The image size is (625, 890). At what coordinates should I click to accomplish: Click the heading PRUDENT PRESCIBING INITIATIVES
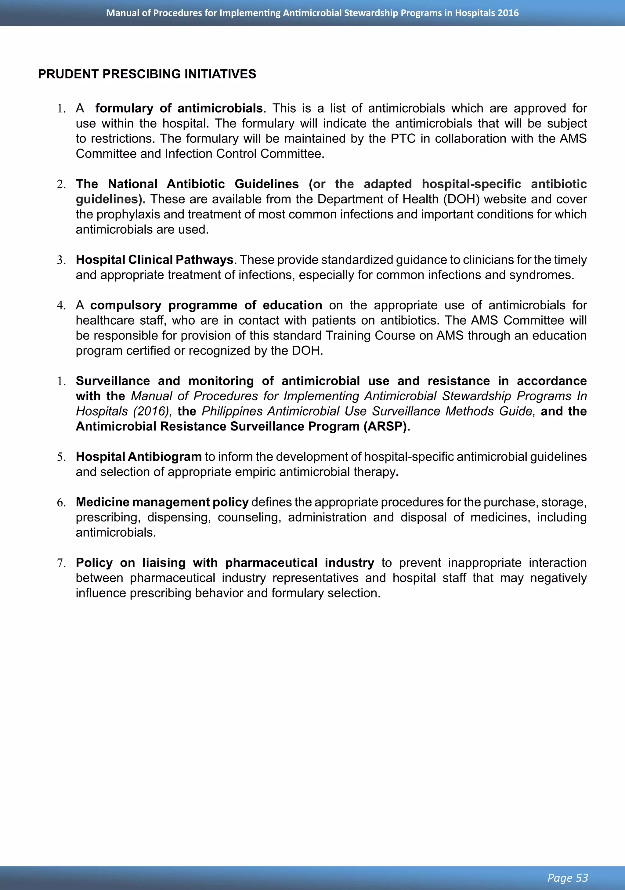147,74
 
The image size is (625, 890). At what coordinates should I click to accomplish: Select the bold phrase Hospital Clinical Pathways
154,260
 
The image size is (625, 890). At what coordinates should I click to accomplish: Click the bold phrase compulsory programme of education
206,305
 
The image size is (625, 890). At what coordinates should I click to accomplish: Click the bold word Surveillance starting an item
112,381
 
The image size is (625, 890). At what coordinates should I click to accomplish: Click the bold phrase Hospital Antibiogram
139,457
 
